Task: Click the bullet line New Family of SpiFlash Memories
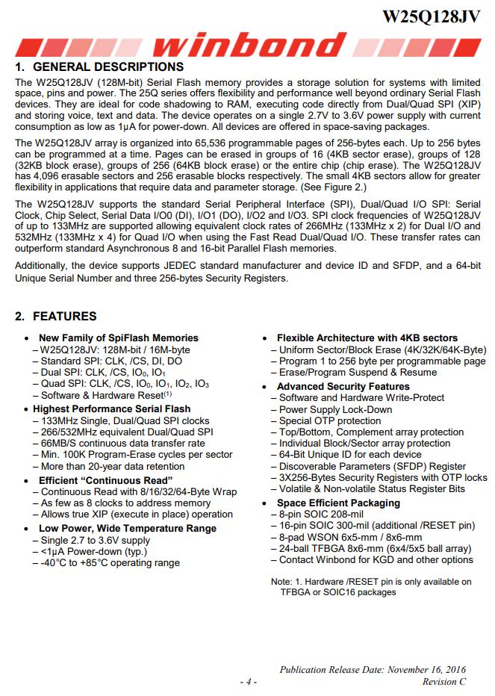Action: pos(119,338)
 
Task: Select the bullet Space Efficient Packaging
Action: pos(338,503)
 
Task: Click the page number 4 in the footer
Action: pos(249,681)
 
